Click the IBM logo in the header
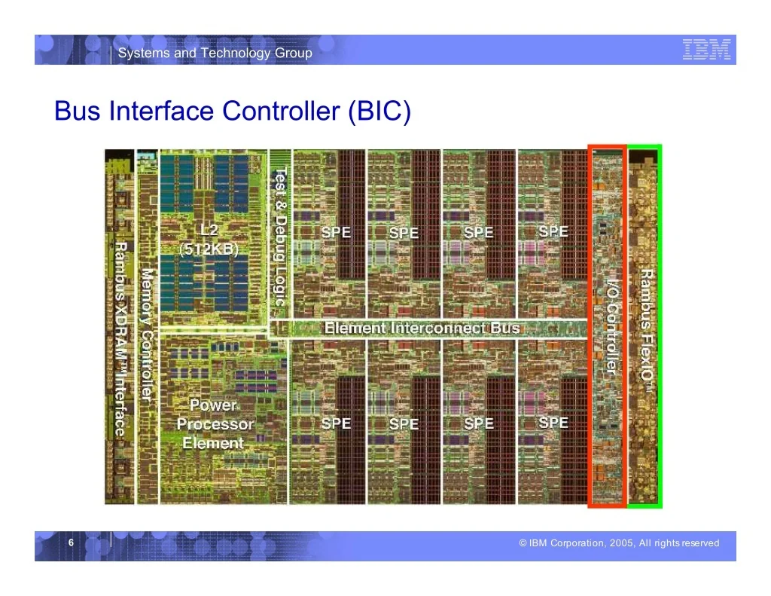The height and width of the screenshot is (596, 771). pyautogui.click(x=706, y=50)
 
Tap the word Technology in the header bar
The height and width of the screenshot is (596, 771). pyautogui.click(x=236, y=53)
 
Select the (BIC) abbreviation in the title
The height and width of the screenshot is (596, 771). pyautogui.click(x=379, y=111)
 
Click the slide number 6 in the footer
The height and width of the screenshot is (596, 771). pyautogui.click(x=71, y=543)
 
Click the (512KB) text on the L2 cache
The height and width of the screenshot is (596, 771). pyautogui.click(x=209, y=249)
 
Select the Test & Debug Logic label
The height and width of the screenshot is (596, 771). pyautogui.click(x=280, y=237)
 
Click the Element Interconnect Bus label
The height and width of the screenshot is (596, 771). pyautogui.click(x=422, y=328)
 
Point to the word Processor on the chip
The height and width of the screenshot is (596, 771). pyautogui.click(x=215, y=423)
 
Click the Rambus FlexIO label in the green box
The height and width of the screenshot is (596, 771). pyautogui.click(x=647, y=331)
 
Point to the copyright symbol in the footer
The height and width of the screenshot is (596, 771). pyautogui.click(x=523, y=543)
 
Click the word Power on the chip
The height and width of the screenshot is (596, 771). pyautogui.click(x=213, y=405)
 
